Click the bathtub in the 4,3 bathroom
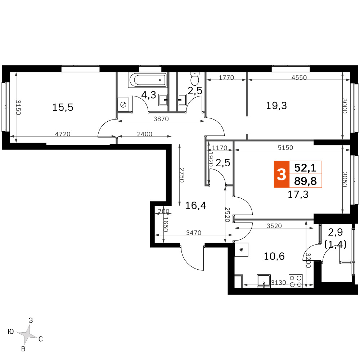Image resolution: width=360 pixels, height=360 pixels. click(x=147, y=80)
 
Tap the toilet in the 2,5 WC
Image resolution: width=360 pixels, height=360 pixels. click(x=195, y=78)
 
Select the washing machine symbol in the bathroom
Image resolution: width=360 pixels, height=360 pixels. click(x=123, y=105)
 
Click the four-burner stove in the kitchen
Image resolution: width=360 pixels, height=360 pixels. click(x=296, y=281)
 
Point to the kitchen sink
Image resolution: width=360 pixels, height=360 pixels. click(x=264, y=281)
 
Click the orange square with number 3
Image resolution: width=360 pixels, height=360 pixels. click(x=282, y=174)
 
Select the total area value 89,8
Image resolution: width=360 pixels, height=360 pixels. click(x=305, y=181)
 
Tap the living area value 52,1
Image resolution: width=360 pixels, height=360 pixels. click(x=305, y=168)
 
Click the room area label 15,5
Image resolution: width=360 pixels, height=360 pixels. click(x=63, y=107)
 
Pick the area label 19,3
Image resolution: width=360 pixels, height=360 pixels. click(x=276, y=105)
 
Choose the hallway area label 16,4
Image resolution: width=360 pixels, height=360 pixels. click(x=195, y=206)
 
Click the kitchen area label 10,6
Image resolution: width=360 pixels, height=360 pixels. click(x=274, y=256)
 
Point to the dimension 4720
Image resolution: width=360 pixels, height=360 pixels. click(x=63, y=134)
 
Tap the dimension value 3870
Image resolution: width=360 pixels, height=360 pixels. click(x=161, y=119)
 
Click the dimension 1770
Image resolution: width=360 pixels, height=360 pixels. click(x=226, y=77)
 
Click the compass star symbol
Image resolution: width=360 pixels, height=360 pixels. click(x=27, y=334)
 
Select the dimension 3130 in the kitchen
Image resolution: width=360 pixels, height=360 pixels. click(x=279, y=282)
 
